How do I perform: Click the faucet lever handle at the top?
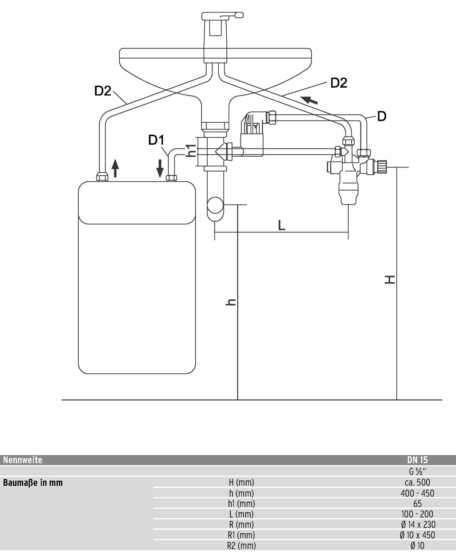222,16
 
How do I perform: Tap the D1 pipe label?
156,140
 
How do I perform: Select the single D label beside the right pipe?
381,116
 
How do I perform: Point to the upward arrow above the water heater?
115,168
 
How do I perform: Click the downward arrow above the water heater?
160,168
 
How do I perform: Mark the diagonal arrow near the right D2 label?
309,100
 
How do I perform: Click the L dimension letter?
282,225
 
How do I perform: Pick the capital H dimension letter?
390,280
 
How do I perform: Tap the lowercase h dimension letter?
231,302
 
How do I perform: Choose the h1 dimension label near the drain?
191,151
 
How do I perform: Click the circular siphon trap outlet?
215,205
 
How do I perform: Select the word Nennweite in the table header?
23,460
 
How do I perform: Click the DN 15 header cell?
417,460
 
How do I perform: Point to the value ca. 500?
417,482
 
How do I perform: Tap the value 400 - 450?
417,493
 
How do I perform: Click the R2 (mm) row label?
242,546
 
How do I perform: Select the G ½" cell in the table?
417,471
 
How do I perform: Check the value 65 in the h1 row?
417,504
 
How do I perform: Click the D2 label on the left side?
103,91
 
